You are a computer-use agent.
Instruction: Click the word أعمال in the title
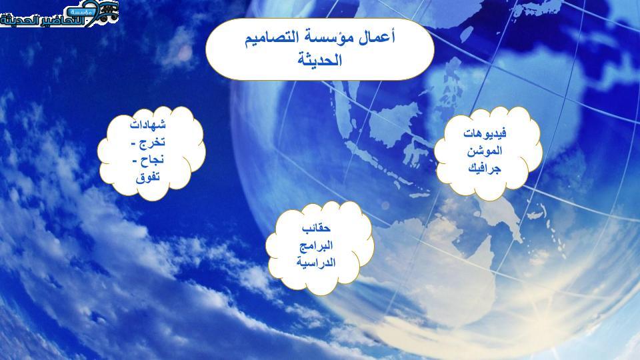pos(377,38)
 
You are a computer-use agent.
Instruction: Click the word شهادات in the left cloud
pos(148,124)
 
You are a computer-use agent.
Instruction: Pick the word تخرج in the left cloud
pos(153,143)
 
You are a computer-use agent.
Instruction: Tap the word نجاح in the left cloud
pos(152,160)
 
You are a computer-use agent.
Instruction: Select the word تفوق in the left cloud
pos(148,177)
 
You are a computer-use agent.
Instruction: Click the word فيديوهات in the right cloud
pos(485,133)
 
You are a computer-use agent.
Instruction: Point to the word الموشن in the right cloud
pos(485,151)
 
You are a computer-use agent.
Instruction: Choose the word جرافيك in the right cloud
pos(485,168)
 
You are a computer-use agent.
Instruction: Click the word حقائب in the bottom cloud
pos(316,227)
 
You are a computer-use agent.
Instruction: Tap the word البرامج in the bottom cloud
pos(316,245)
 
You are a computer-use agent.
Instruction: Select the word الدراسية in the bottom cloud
pos(316,262)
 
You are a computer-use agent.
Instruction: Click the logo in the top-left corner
pos(59,13)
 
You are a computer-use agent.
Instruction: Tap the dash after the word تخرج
pos(134,144)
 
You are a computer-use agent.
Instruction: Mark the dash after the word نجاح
pos(135,161)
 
